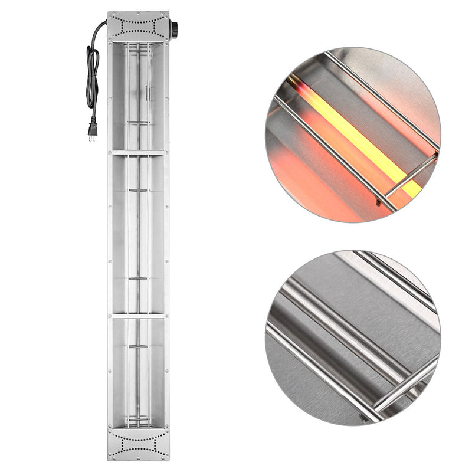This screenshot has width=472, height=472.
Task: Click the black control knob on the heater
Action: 173,27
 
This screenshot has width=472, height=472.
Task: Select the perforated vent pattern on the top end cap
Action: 138,27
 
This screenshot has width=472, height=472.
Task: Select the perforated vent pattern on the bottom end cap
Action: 138,443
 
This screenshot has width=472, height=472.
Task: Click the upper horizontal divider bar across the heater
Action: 138,152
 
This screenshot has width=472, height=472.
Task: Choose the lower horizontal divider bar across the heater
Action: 138,316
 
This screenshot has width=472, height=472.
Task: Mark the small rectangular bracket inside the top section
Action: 148,93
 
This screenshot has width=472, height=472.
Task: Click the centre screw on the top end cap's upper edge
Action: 138,14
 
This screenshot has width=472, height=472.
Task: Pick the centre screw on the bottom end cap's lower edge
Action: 138,457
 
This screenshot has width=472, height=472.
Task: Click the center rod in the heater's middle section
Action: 138,236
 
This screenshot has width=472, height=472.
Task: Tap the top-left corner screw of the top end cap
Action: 110,15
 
